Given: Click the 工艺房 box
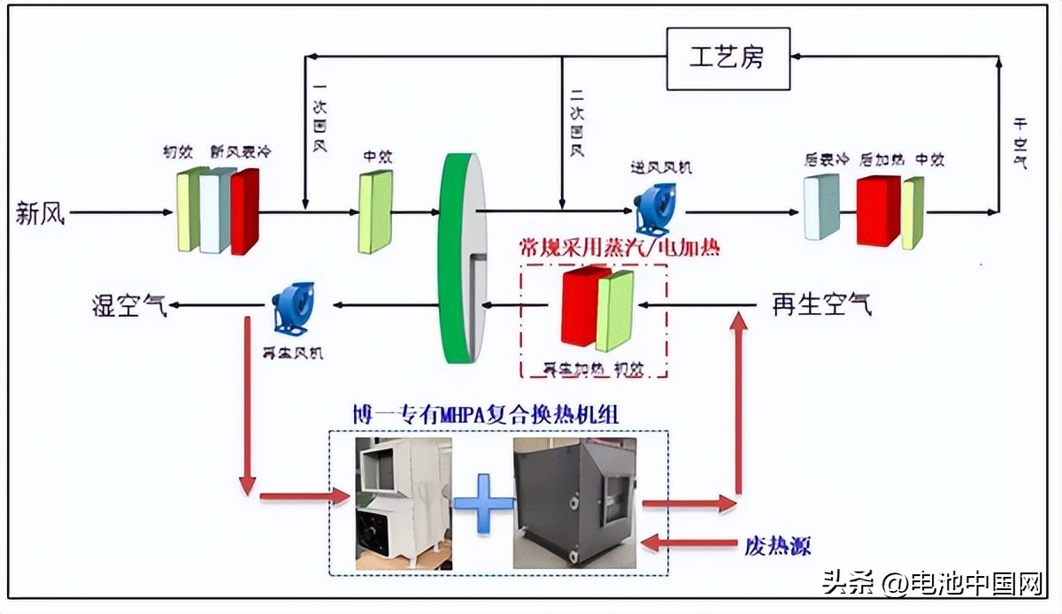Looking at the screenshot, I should (x=727, y=58).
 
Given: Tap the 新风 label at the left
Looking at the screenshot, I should (x=41, y=213).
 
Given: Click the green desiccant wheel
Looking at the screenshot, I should (x=462, y=257).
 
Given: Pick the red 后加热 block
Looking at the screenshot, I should (x=878, y=211).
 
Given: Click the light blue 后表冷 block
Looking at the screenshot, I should (x=821, y=207).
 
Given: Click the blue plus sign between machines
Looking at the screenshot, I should (x=483, y=503).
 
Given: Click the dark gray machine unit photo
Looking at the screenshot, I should (x=574, y=502).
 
